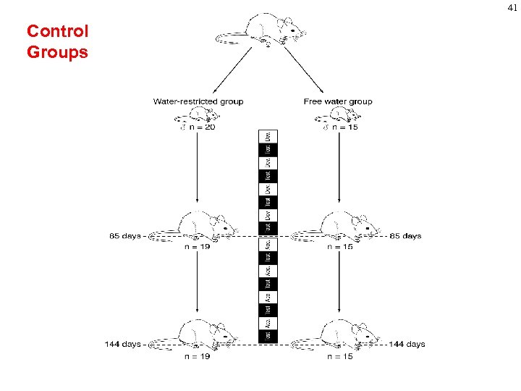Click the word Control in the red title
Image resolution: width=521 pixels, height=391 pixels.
[57, 31]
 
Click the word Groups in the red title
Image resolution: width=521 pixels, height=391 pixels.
[57, 52]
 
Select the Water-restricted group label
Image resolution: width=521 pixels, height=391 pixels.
[198, 101]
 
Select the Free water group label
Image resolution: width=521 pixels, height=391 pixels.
[338, 101]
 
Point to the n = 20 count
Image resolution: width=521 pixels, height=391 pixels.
[201, 127]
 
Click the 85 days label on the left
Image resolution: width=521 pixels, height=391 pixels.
[125, 236]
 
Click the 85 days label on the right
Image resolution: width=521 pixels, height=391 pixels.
[405, 236]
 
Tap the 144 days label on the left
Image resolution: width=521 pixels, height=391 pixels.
[122, 344]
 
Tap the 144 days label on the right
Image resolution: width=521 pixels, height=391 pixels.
[407, 344]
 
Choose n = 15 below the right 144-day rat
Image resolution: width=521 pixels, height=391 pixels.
[339, 356]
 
